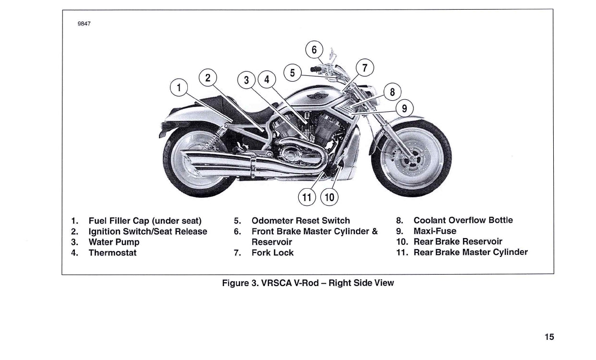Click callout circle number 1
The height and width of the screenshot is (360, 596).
click(x=179, y=88)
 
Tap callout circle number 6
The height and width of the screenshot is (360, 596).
click(x=314, y=49)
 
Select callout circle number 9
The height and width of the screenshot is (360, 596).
click(x=404, y=108)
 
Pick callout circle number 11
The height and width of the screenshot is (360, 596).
click(x=306, y=196)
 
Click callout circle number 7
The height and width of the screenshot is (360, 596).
click(x=365, y=68)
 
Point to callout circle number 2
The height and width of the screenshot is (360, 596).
click(x=207, y=77)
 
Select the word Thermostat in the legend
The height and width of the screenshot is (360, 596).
click(x=112, y=252)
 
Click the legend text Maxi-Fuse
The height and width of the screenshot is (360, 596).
click(x=435, y=231)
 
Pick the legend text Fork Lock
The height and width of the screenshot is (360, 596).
click(x=272, y=252)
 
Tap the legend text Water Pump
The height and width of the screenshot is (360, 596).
click(x=114, y=242)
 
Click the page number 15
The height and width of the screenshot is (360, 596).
click(x=549, y=337)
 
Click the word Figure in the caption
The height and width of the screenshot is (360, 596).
click(x=235, y=283)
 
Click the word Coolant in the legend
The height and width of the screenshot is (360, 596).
click(x=429, y=220)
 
